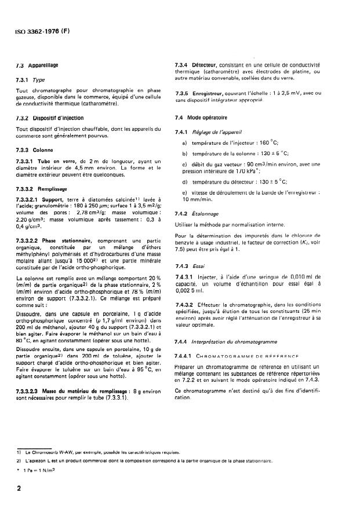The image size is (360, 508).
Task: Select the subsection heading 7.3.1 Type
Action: pos(31,81)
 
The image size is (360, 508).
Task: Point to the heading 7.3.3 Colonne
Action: pos(34,149)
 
